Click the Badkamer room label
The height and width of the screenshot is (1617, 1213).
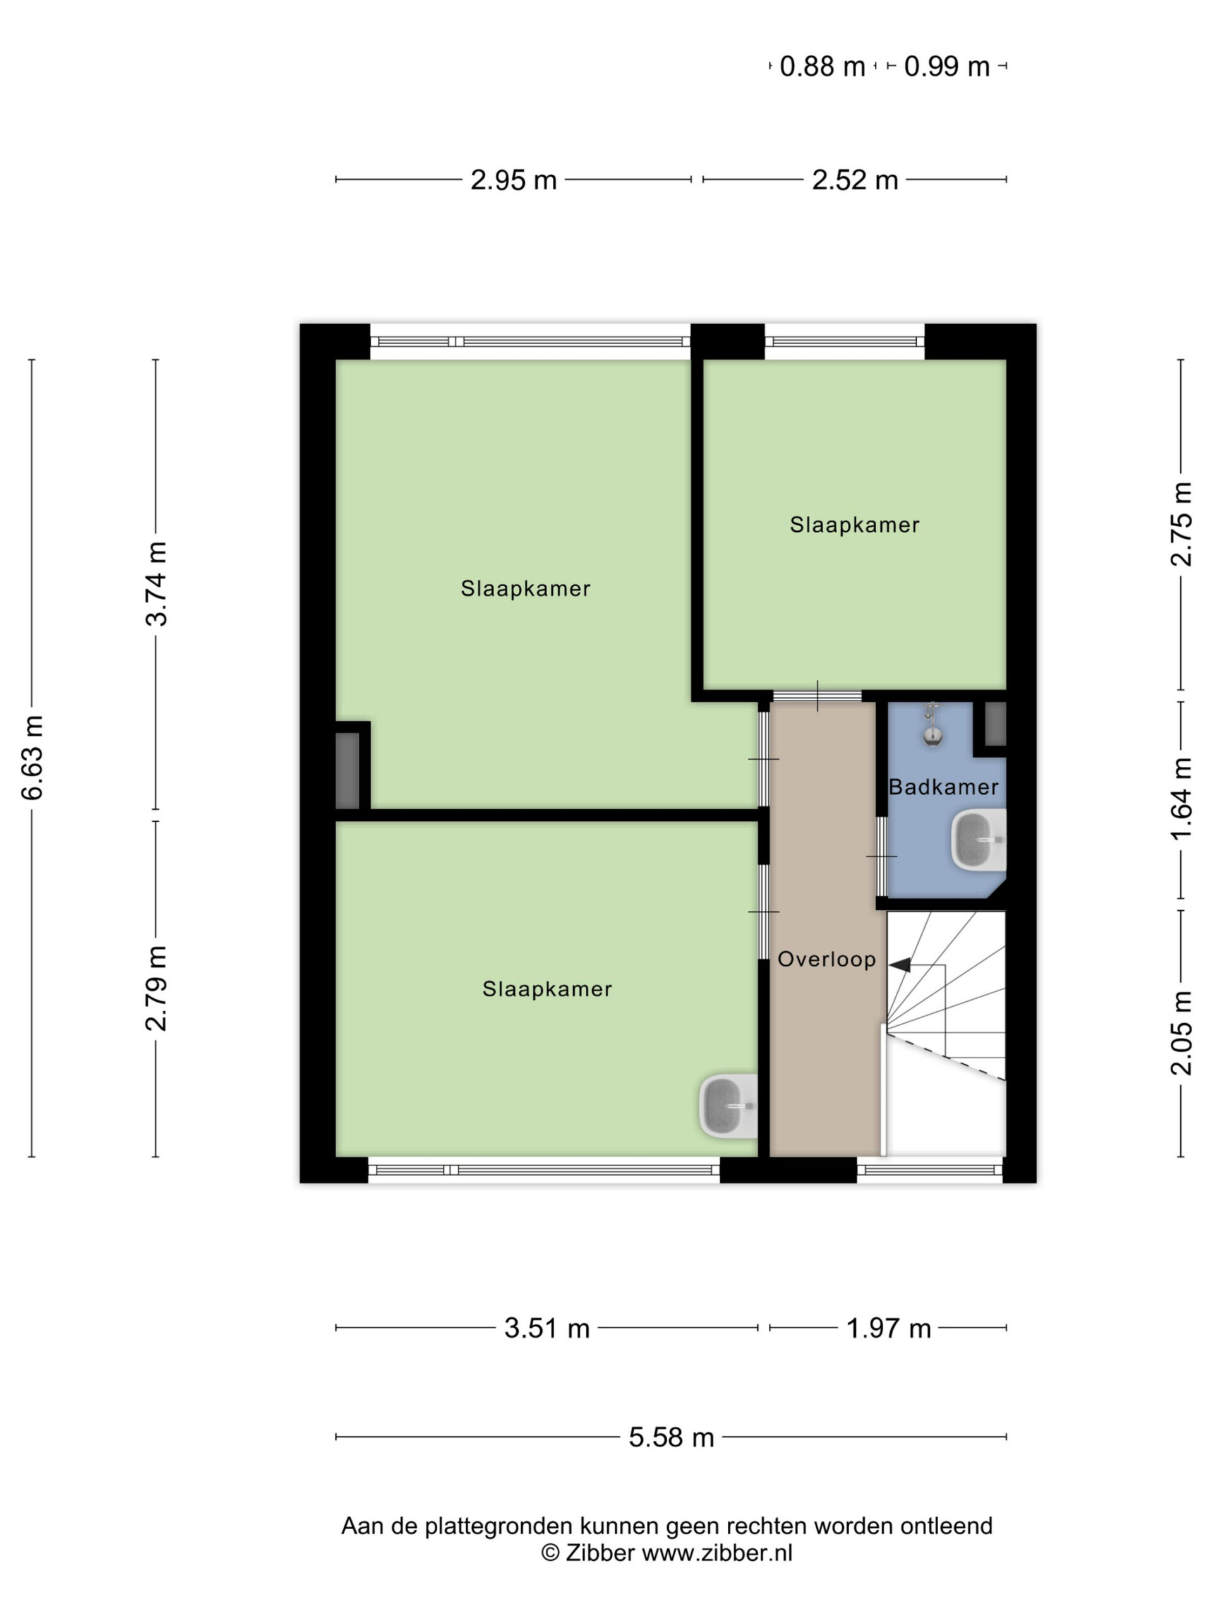pos(943,787)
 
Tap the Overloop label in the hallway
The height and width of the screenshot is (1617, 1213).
pos(826,959)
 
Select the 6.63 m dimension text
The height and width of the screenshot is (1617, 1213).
pos(33,757)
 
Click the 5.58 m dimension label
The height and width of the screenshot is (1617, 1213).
pos(671,1438)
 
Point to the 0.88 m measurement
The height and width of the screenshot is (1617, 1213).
pos(823,66)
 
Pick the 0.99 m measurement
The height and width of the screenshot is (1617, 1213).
pos(947,66)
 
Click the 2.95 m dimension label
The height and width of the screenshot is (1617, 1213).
pos(513,180)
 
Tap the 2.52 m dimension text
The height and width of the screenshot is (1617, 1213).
pos(855,180)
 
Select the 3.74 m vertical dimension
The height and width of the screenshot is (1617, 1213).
pos(157,584)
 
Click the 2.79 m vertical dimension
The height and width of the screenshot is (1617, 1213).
pos(157,989)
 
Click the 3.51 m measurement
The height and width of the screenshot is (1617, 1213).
pos(547,1328)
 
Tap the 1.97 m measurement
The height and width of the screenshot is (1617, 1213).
pos(888,1328)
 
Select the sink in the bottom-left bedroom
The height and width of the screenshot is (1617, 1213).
pos(728,1106)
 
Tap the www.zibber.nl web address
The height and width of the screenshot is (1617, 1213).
pos(716,1553)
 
